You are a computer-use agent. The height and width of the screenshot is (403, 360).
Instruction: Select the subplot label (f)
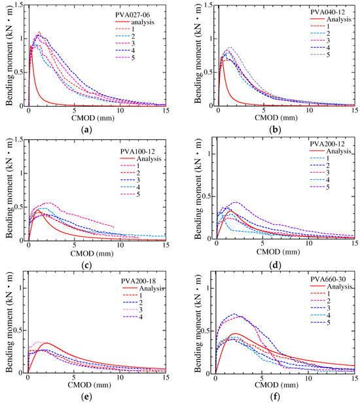pyautogui.click(x=283, y=397)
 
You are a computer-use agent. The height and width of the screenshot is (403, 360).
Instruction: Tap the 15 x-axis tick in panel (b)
pyautogui.click(x=353, y=112)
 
